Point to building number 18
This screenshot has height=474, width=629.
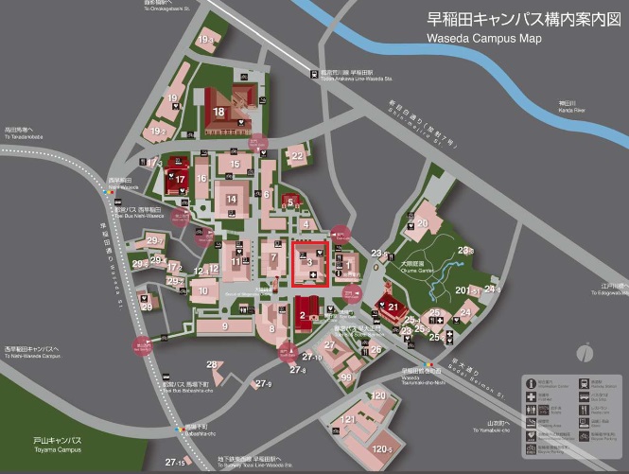pyautogui.click(x=219, y=112)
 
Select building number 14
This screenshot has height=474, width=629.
pyautogui.click(x=232, y=200)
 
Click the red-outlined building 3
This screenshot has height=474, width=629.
pyautogui.click(x=310, y=263)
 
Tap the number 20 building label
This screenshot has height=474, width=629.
pyautogui.click(x=423, y=223)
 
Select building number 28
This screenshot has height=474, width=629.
pyautogui.click(x=214, y=364)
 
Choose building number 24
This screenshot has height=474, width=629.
pyautogui.click(x=465, y=312)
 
